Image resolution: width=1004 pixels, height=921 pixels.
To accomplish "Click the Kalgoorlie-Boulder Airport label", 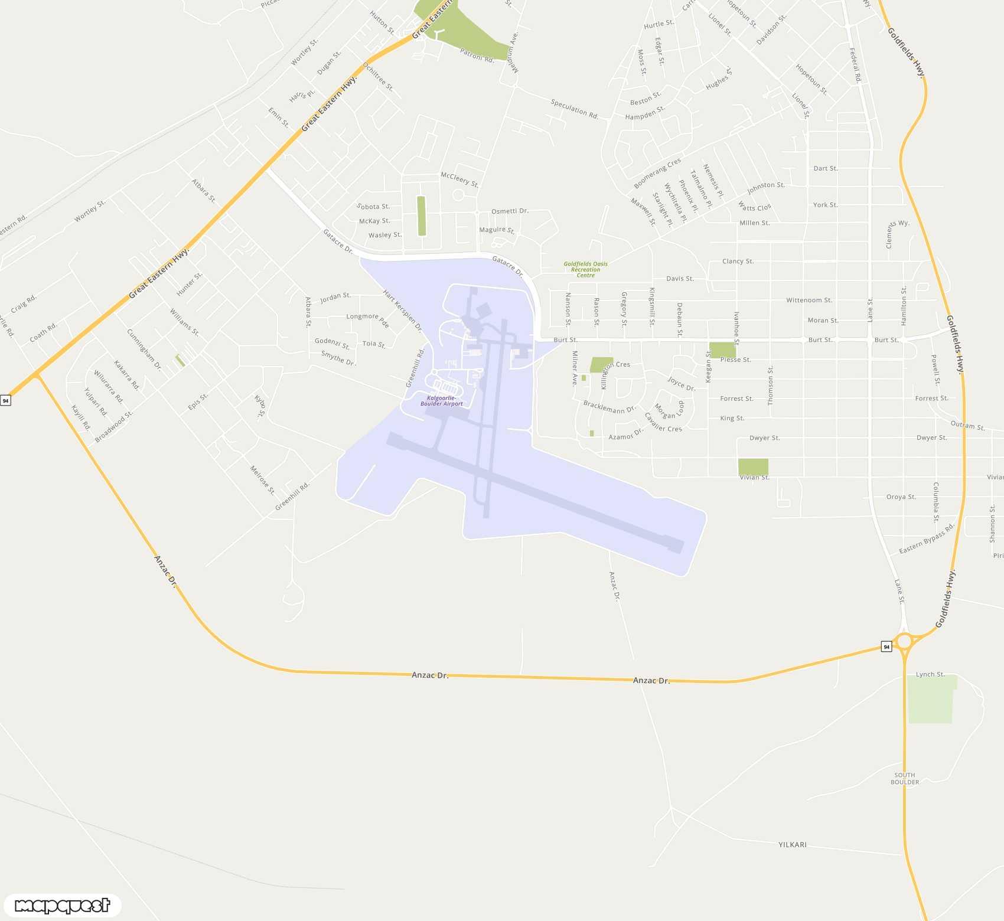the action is pos(441,401).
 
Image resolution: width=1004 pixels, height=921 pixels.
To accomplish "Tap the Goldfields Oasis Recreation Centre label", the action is pos(585,269).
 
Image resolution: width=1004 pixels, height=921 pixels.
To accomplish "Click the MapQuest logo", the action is pos(62,905).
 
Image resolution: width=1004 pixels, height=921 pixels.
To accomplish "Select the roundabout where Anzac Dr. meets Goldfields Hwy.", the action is pos(904,641).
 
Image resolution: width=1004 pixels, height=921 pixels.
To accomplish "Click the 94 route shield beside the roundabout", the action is pos(886,647).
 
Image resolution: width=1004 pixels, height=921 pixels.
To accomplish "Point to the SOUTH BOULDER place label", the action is pos(904,778).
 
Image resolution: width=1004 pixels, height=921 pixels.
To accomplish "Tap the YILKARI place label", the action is pos(792,845).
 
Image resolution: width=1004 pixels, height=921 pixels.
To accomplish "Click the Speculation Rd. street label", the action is pos(574,109).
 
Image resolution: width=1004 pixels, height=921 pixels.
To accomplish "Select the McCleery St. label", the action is pos(459,179).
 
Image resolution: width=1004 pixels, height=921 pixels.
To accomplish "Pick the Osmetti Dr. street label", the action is pos(510,211).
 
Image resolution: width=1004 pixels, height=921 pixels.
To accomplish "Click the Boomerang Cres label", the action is pos(657,172).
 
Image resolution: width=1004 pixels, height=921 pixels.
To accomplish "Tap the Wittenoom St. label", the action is pos(809,301).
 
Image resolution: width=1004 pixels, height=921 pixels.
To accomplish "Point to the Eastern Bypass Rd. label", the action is pos(926,539).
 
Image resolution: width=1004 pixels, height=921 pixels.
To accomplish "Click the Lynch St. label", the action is pos(930,674).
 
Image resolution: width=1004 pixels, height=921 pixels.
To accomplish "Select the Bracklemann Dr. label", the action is pos(609,407).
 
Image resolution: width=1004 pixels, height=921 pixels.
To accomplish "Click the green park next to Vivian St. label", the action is pos(753,466).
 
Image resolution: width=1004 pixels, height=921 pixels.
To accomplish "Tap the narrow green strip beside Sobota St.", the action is pos(421,216).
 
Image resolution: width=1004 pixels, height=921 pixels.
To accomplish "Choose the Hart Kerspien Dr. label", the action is pos(402,311).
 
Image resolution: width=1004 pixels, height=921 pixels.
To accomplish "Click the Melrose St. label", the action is pos(262,479).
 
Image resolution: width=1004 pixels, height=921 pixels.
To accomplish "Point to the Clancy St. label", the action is pos(738,261).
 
